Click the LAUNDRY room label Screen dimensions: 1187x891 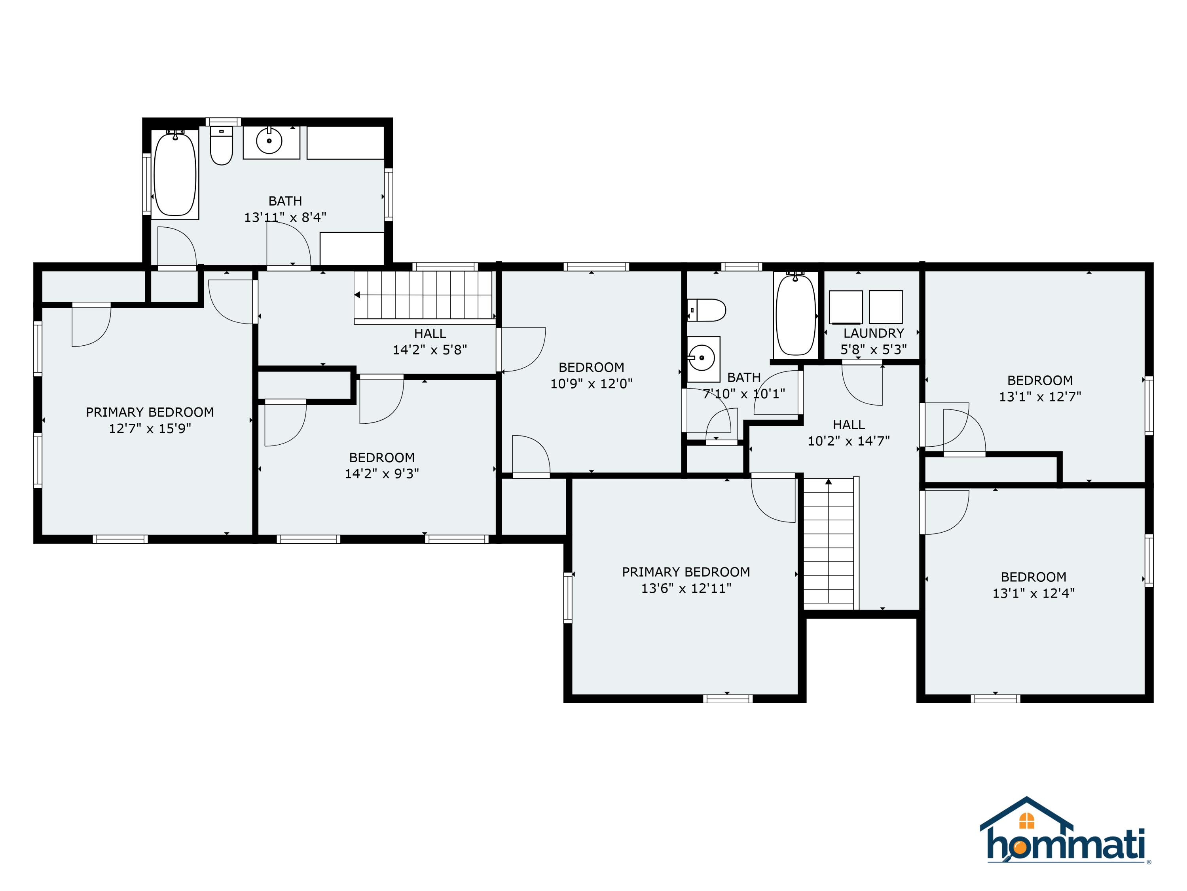874,333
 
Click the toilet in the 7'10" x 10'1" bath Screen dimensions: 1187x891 707,310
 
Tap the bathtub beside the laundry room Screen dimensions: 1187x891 796,315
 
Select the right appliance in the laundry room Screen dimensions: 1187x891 886,307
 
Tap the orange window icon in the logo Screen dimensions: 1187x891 1026,821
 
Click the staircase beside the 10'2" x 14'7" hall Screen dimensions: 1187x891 829,543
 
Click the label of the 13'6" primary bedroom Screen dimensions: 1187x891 686,572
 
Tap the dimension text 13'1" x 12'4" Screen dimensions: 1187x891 1033,593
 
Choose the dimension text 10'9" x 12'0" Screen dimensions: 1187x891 592,383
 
